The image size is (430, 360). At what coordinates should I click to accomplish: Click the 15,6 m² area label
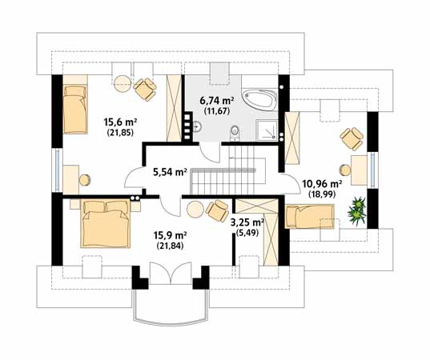120,122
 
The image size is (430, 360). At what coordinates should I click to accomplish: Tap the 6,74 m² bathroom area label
217,101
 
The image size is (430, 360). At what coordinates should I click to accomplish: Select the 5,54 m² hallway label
170,172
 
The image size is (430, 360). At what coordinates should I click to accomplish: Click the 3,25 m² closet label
247,222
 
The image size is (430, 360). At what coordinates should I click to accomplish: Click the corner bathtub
259,99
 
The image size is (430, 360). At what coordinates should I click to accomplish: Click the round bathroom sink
198,126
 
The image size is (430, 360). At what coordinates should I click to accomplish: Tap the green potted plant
357,210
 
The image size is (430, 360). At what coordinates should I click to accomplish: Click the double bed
106,224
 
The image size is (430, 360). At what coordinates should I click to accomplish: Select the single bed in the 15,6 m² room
75,109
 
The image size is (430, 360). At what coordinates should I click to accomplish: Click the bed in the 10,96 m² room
310,217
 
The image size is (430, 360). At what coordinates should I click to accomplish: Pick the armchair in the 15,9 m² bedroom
217,210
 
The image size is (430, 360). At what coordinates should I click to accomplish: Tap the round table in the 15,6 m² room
122,83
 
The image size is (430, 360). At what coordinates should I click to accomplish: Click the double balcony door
171,273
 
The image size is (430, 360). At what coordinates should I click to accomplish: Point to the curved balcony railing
170,323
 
